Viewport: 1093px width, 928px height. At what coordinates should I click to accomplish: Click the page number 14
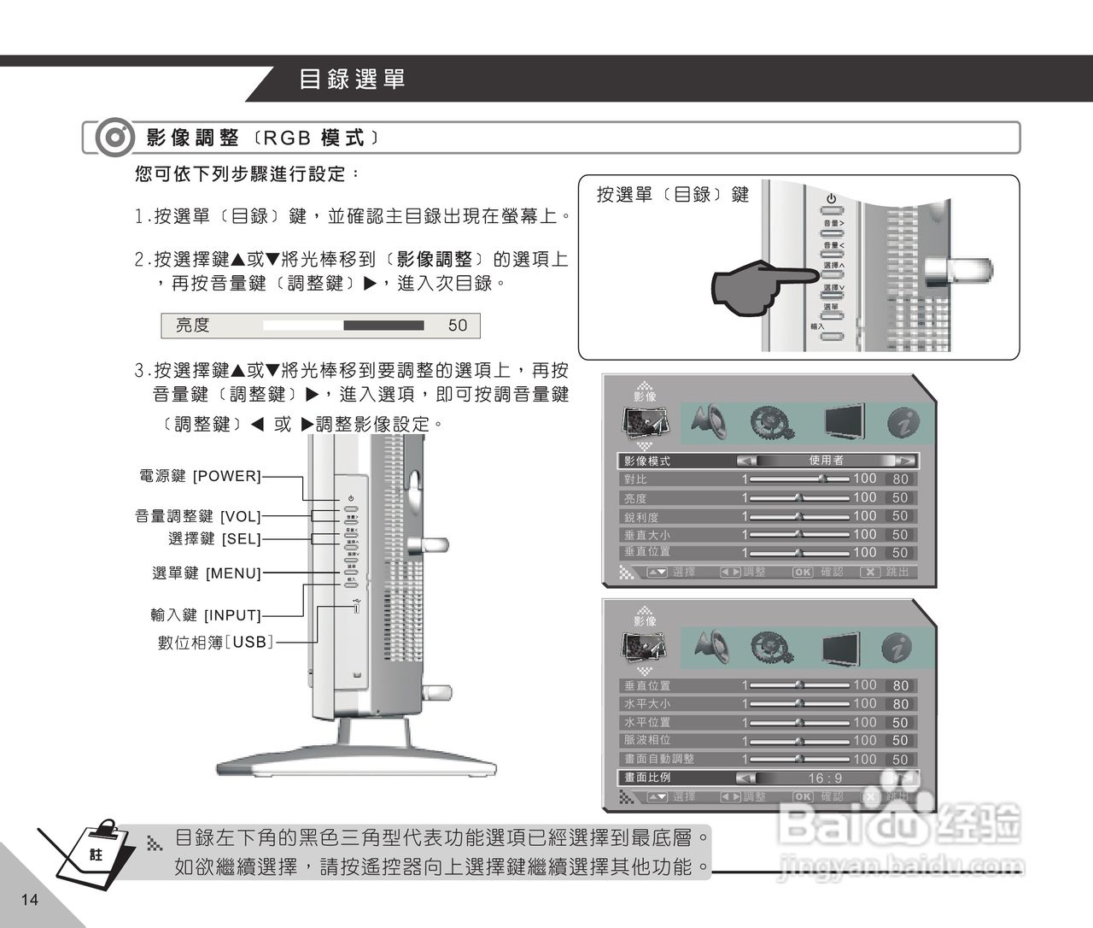click(30, 899)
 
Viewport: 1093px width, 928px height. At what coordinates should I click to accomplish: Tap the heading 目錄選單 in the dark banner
click(352, 79)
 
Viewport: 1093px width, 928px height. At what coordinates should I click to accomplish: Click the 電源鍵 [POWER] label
click(199, 476)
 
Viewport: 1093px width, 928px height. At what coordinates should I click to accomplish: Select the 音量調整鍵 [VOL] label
click(197, 516)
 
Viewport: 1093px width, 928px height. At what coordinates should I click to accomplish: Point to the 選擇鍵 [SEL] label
click(214, 539)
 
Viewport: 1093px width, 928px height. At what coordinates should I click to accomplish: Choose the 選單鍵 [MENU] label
click(207, 573)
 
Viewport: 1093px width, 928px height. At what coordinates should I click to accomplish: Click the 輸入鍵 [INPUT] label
click(205, 615)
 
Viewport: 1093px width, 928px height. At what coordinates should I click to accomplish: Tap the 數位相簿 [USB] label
click(216, 642)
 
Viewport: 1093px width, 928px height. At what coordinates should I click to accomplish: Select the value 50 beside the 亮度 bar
click(458, 326)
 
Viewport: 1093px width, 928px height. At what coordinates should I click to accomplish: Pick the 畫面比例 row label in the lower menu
click(647, 778)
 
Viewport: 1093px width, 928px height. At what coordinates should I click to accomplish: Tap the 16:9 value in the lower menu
click(825, 778)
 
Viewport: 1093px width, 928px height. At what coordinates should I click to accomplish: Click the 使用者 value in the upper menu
click(826, 461)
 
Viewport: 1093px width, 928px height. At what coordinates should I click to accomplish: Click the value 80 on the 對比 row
click(900, 479)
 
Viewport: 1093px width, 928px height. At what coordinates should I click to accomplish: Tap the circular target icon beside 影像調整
click(114, 138)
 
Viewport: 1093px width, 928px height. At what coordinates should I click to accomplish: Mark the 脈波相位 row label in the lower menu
click(647, 740)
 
